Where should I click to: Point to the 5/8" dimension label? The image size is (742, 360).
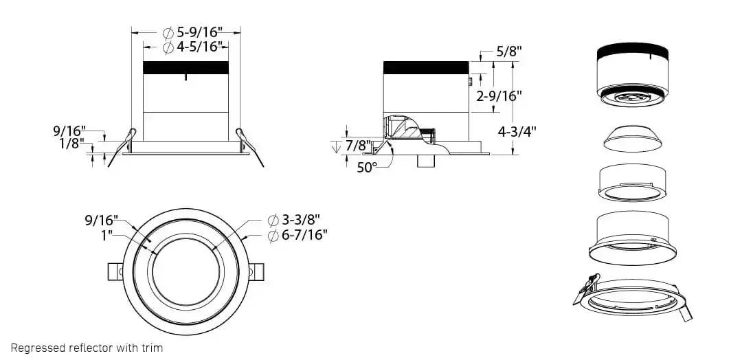[509, 52]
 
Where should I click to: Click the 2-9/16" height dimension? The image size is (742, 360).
[499, 96]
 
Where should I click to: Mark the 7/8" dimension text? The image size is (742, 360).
[357, 146]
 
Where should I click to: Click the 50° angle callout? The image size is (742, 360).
[367, 166]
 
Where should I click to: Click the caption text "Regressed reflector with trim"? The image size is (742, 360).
[87, 348]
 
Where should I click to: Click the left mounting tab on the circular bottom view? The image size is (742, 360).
[115, 271]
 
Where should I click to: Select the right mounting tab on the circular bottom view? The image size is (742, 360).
[255, 271]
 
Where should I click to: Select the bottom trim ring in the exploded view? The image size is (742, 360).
[632, 296]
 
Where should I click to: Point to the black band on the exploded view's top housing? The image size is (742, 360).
[633, 51]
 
